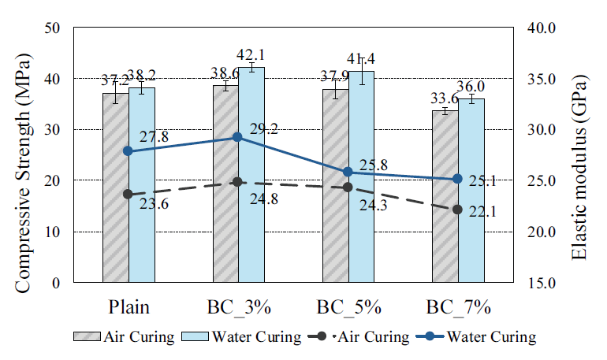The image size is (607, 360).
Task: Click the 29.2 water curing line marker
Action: point(237,137)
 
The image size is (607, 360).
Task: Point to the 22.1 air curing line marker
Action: point(457,210)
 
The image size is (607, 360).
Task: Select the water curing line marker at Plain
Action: point(129,150)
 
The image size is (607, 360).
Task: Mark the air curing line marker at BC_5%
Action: point(348,187)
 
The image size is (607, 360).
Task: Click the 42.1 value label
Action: point(252,54)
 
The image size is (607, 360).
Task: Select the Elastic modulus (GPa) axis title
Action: point(581,156)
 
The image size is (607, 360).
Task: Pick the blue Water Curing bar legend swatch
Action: point(199,337)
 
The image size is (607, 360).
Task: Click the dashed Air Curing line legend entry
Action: point(363,337)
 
